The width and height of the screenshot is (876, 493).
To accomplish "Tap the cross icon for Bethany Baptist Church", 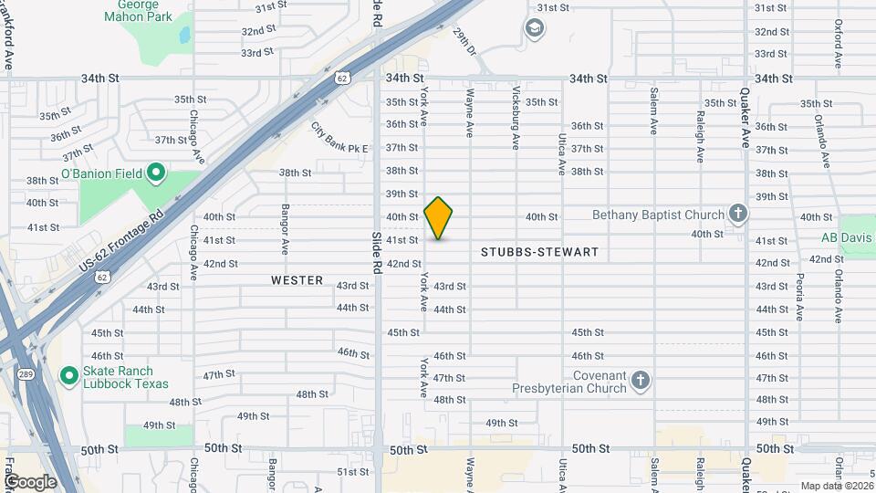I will click(738, 215).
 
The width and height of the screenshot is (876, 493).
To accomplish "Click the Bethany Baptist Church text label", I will click(658, 215).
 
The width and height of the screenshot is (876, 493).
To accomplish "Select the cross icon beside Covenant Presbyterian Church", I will click(641, 381).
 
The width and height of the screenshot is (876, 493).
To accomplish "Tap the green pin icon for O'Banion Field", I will click(155, 172).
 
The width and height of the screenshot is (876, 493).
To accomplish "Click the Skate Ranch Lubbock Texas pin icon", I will click(68, 375).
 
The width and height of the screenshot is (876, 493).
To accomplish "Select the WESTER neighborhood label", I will click(297, 280).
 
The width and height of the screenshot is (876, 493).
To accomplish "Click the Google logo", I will click(29, 481).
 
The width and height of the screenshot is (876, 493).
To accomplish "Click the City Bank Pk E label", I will click(339, 139).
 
